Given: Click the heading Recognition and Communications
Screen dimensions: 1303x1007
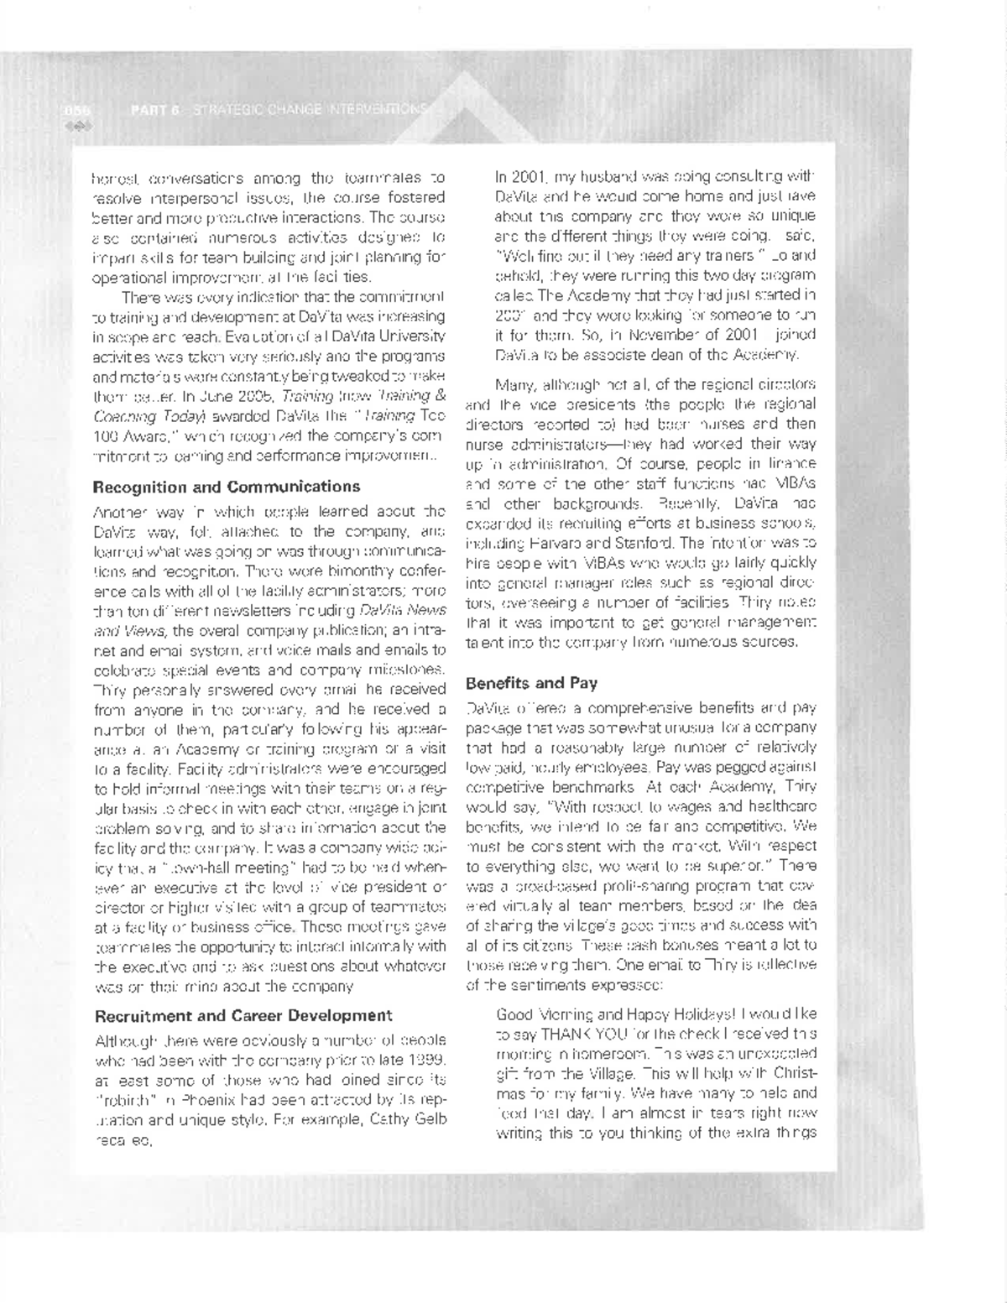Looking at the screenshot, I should (226, 487).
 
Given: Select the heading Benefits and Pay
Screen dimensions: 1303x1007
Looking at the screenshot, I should (531, 683).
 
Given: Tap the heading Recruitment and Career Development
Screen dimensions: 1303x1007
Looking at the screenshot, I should (243, 1016).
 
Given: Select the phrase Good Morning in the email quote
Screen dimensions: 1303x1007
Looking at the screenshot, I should (540, 1014).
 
